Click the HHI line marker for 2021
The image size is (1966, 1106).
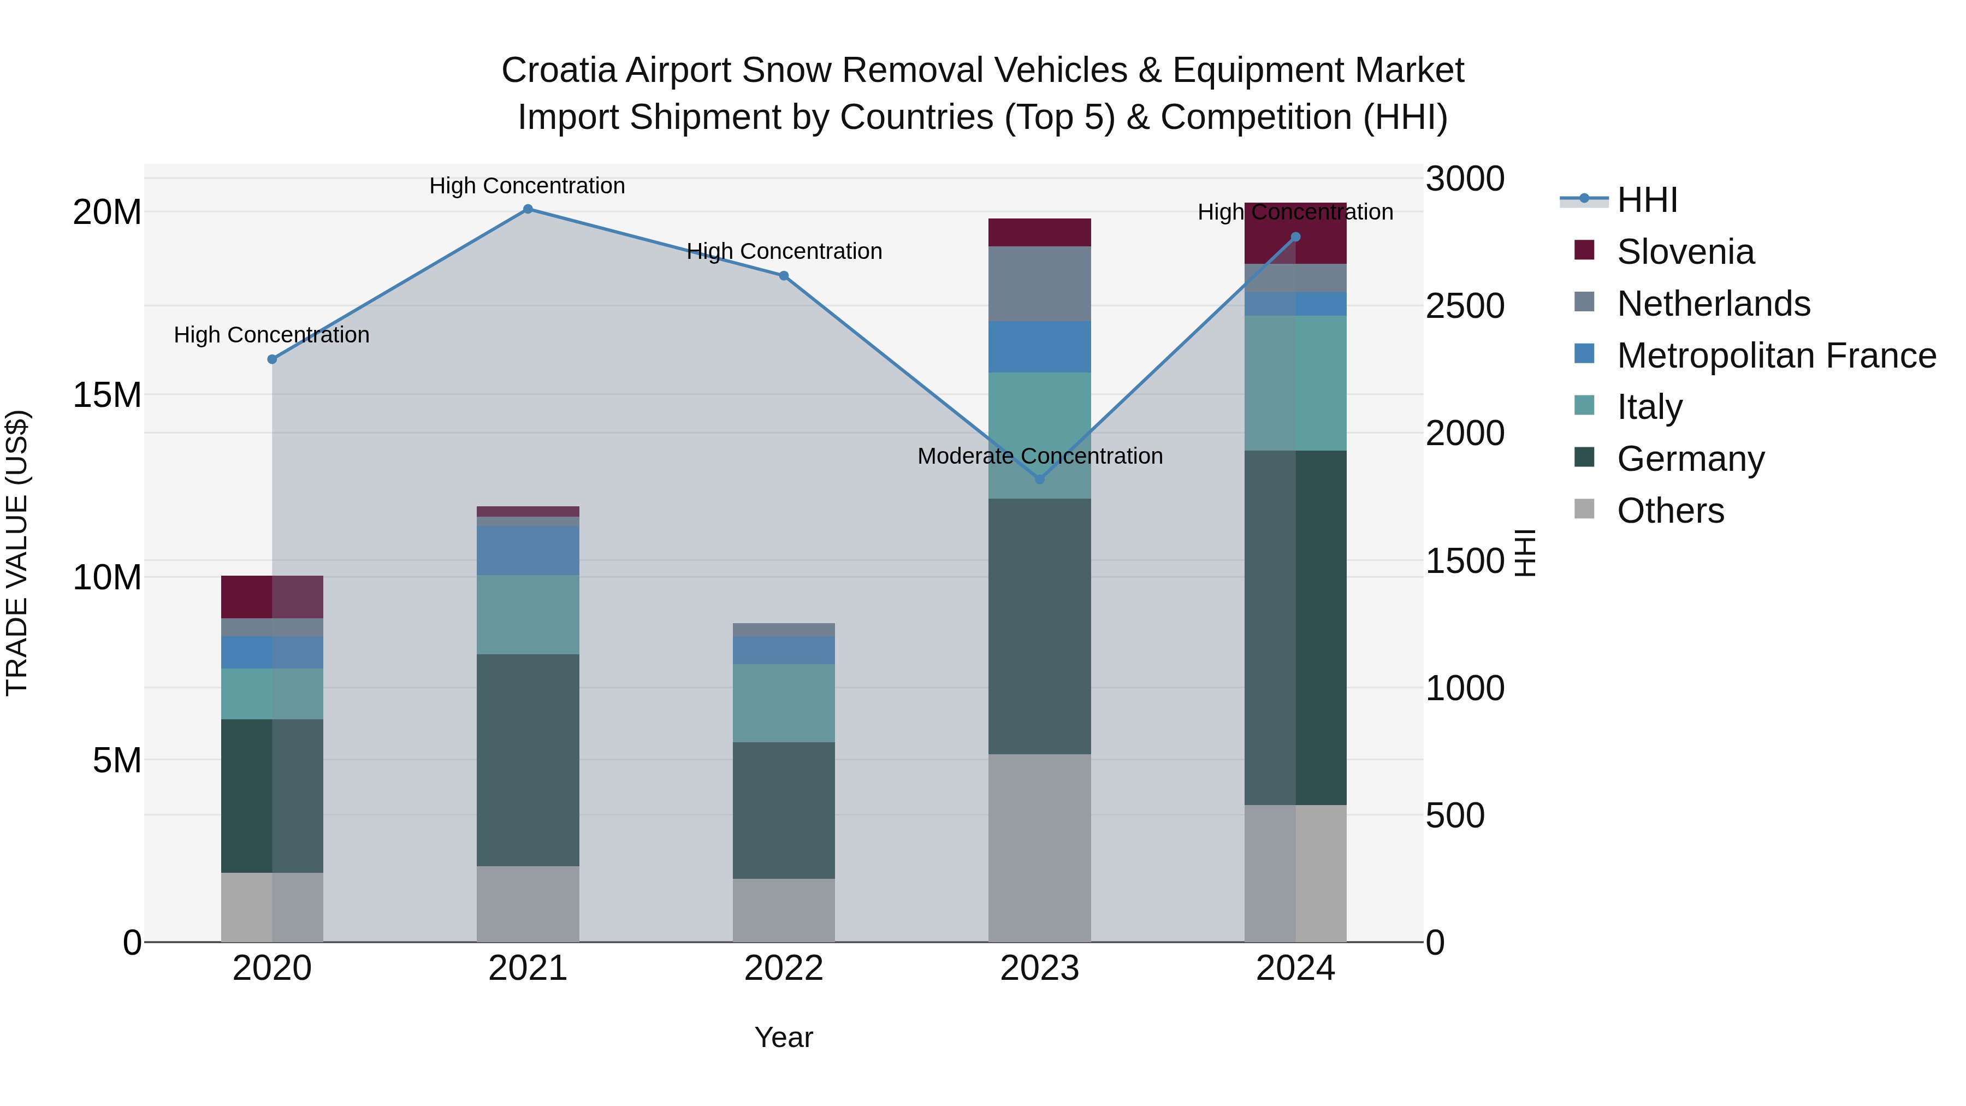click(528, 209)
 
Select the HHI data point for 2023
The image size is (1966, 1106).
click(1039, 480)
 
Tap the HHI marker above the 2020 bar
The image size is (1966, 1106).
click(273, 359)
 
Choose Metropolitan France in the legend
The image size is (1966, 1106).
click(1775, 356)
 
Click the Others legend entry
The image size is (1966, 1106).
click(1670, 511)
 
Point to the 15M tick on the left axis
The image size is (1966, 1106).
click(107, 395)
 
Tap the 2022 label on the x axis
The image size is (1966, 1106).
click(783, 968)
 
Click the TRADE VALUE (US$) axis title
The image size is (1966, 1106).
click(17, 553)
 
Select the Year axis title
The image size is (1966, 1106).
click(783, 1037)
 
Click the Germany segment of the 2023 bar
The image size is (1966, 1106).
click(1039, 626)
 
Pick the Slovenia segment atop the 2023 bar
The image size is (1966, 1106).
click(1039, 232)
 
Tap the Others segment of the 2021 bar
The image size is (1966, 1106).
click(528, 904)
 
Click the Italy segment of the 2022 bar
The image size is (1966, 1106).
click(783, 702)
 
